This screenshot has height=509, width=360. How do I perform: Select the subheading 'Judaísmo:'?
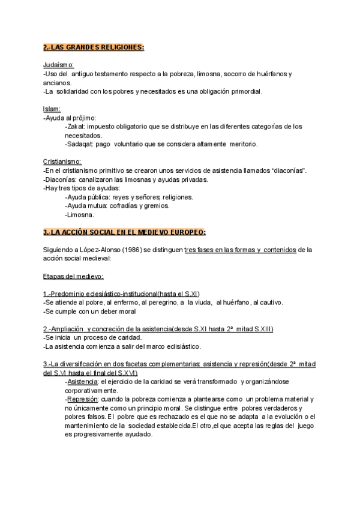pos(59,65)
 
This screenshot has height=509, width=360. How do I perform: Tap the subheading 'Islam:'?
pos(52,109)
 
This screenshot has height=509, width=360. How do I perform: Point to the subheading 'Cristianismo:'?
pos(62,163)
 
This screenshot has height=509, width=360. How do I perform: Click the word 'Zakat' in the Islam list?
pos(77,127)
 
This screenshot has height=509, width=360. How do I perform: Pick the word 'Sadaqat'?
pos(81,144)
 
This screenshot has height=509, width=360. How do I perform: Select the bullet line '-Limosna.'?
pos(80,214)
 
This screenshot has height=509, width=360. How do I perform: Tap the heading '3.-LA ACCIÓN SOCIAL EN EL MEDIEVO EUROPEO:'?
pos(125,232)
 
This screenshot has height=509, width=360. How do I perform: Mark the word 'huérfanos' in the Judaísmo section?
pos(272,74)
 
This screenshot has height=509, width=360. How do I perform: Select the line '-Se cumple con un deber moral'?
pos(90,311)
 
